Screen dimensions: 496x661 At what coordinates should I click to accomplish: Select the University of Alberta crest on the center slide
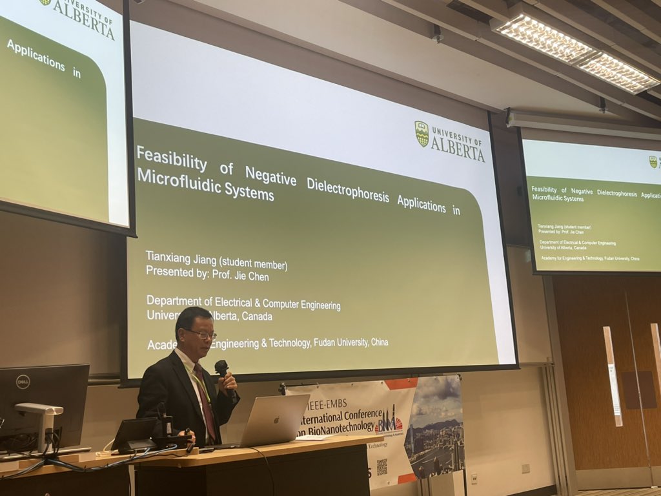[422, 134]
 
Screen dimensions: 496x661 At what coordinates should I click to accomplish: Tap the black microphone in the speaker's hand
[222, 370]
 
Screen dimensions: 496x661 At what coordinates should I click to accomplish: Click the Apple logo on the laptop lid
[276, 418]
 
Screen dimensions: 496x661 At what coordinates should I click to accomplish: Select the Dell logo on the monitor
[23, 381]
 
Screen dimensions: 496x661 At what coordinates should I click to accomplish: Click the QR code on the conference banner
[381, 467]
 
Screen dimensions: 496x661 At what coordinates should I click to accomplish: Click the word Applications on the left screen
[36, 56]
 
